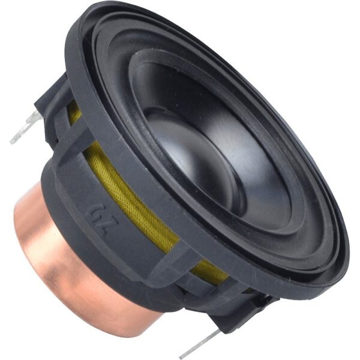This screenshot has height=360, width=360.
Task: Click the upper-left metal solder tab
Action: (x=26, y=127)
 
